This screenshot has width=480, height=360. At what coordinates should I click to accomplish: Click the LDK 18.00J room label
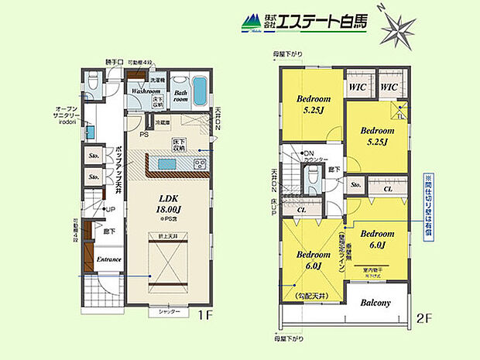[169, 204]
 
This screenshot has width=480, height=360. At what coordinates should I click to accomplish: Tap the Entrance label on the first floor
[108, 259]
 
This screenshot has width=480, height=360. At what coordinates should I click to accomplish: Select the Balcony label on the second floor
[375, 303]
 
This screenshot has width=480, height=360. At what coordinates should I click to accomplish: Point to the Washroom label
[146, 91]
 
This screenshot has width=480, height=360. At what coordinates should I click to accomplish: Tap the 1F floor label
[203, 315]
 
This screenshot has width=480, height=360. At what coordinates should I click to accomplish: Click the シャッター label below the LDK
[170, 311]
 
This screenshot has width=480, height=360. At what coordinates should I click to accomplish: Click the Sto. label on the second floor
[357, 186]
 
